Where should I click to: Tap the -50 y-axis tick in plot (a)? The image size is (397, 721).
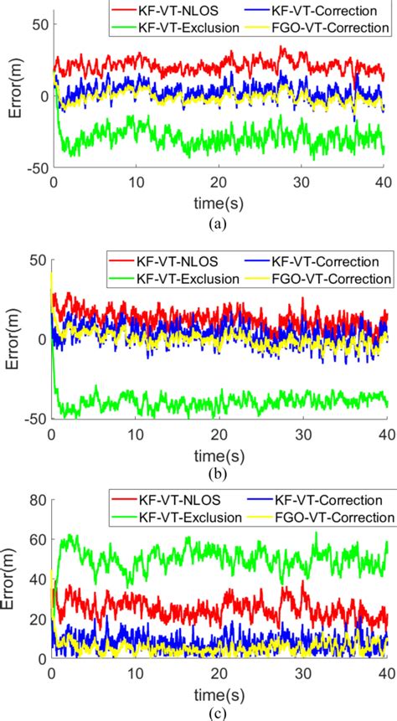(x=34, y=169)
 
